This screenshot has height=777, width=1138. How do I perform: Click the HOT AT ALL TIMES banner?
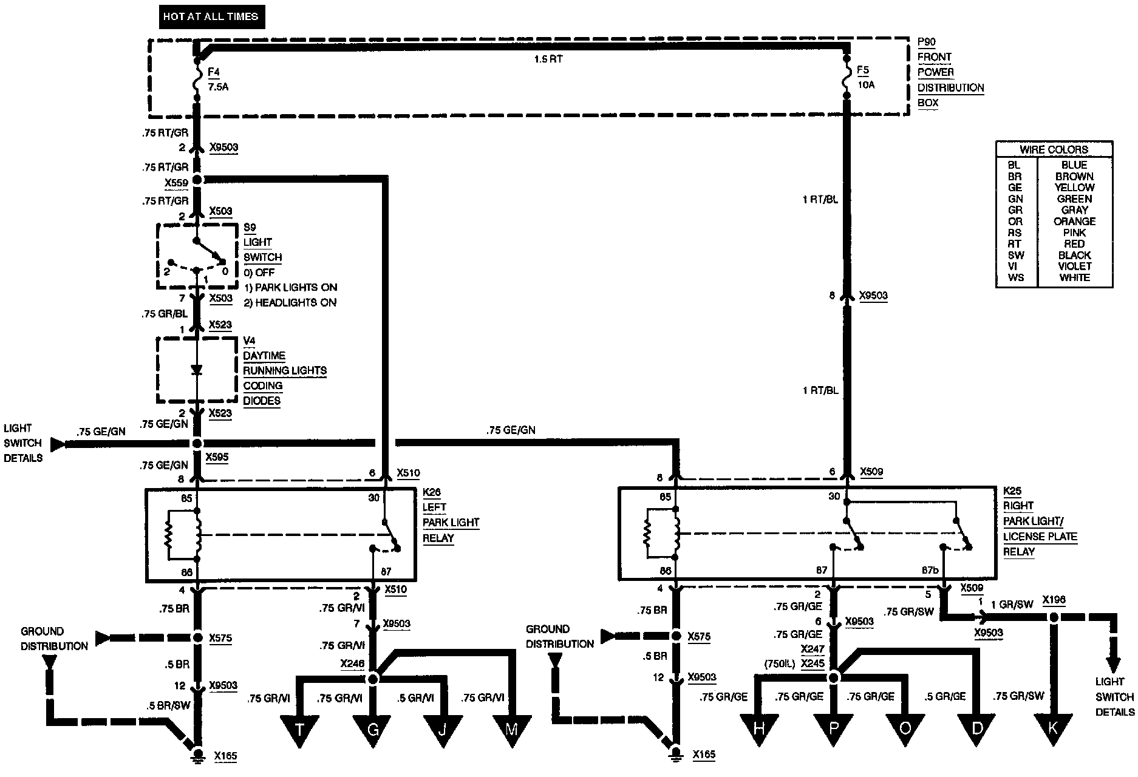tap(210, 17)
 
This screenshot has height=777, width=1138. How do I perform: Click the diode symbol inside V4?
tap(196, 370)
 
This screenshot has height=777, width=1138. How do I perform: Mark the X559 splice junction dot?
tap(197, 180)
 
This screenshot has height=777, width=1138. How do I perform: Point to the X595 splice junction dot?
tap(197, 444)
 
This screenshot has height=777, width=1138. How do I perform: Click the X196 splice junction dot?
tap(1054, 617)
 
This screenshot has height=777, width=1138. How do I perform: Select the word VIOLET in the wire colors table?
tap(1074, 266)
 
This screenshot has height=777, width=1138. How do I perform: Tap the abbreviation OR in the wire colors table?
tap(1015, 222)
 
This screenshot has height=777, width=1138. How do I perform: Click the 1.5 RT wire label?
tap(548, 60)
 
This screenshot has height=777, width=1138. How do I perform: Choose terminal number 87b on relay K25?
tap(930, 571)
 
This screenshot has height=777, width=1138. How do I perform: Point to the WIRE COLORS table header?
tap(1054, 149)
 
